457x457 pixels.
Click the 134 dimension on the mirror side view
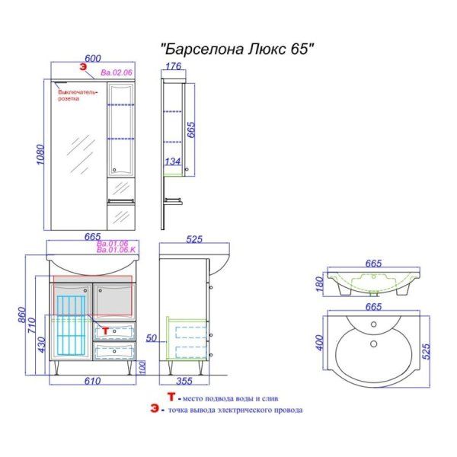pyautogui.click(x=173, y=161)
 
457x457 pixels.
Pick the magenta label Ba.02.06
pyautogui.click(x=117, y=73)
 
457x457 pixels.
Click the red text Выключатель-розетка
pyautogui.click(x=76, y=95)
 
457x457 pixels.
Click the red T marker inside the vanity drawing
pyautogui.click(x=106, y=332)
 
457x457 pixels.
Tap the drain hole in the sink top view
pyautogui.click(x=373, y=344)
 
